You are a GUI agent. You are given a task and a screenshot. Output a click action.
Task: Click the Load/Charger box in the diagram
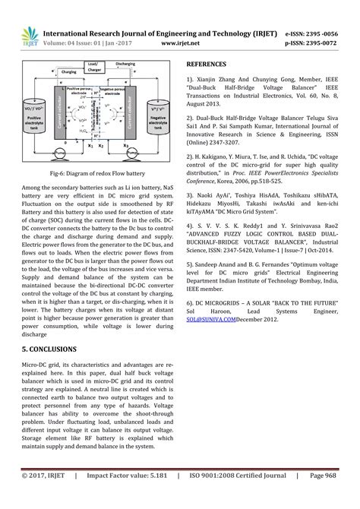click(93, 67)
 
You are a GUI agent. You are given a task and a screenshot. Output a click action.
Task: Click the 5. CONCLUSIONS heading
click(49, 349)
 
